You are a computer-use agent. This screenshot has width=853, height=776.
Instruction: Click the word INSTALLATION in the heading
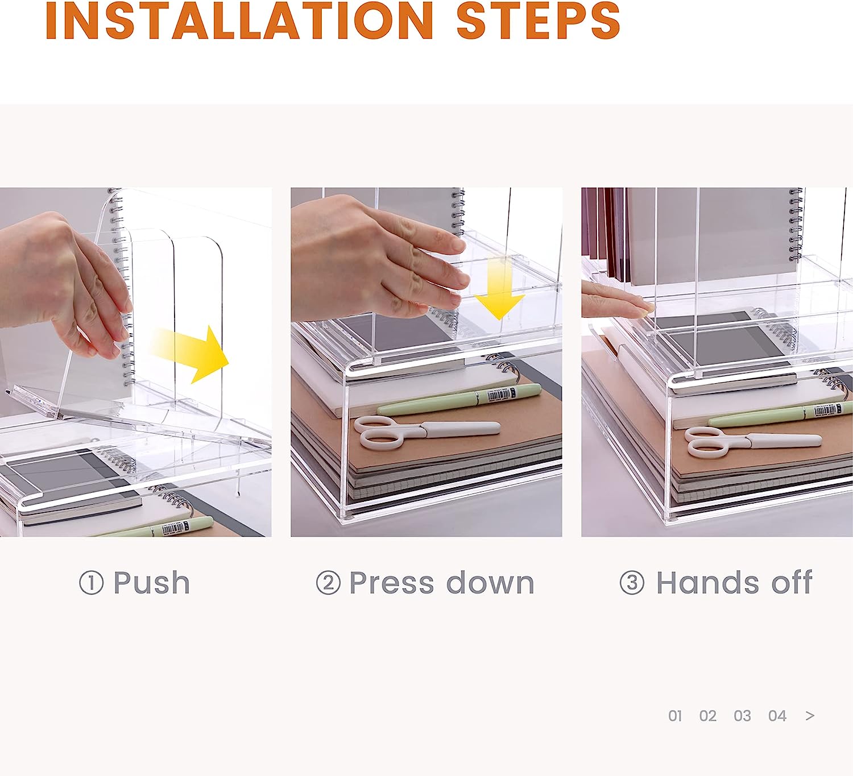(239, 20)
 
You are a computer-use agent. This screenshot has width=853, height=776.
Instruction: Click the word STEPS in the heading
(539, 20)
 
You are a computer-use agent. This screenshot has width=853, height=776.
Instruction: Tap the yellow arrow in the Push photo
(189, 354)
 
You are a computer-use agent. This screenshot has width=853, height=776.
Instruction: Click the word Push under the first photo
(152, 583)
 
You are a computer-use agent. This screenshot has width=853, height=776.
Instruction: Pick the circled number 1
(91, 583)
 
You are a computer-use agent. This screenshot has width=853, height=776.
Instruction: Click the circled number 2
(328, 583)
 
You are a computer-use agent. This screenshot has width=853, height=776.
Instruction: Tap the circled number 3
(632, 583)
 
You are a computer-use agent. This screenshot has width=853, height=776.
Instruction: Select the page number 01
(675, 716)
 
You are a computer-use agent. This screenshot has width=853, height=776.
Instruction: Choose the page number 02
(708, 716)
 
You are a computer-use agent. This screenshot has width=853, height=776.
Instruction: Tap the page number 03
(743, 716)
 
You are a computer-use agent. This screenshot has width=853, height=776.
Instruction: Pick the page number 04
(777, 716)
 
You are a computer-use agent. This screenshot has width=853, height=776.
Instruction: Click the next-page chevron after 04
(810, 716)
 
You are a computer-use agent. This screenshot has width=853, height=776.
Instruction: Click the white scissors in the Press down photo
(427, 431)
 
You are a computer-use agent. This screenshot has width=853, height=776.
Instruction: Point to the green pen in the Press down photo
(459, 400)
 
